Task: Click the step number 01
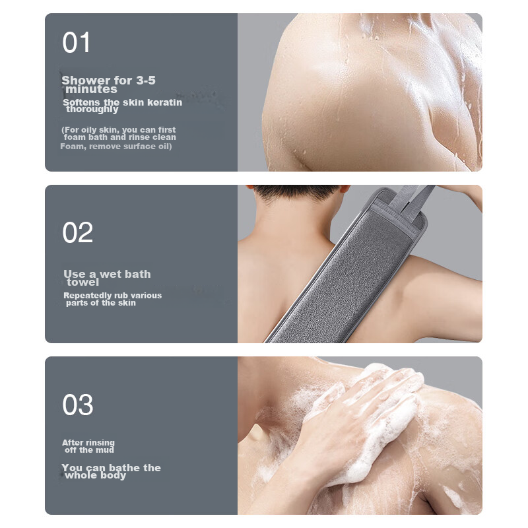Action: tap(77, 43)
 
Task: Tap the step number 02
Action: tap(78, 233)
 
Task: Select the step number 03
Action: tap(78, 405)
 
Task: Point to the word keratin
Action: tap(164, 102)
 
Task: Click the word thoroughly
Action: tap(92, 110)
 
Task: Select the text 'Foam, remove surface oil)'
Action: tap(116, 147)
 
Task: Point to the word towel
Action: tap(83, 282)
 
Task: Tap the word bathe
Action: tap(125, 468)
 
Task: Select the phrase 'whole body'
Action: tap(96, 475)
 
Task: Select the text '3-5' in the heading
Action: tap(146, 81)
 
